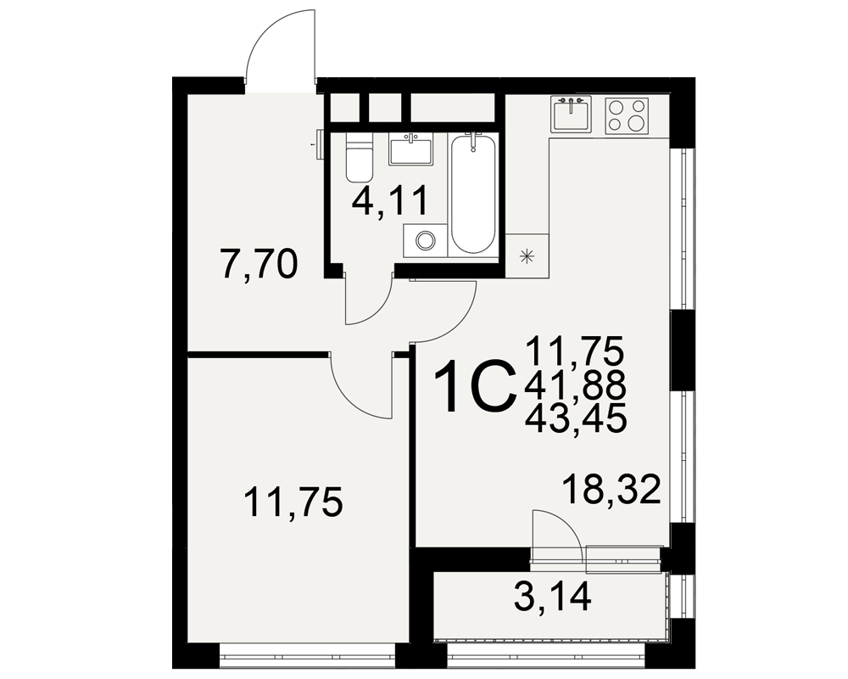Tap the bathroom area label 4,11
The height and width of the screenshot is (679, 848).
tap(389, 201)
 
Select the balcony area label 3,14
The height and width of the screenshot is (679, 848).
tap(553, 597)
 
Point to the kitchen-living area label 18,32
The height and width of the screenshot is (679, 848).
tap(611, 489)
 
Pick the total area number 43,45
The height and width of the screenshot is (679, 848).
tap(576, 418)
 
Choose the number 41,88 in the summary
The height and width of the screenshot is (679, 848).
tap(576, 385)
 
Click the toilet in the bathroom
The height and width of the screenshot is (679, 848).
tap(359, 159)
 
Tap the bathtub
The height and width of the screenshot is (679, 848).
tap(473, 194)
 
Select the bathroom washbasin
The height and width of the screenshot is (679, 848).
tap(410, 150)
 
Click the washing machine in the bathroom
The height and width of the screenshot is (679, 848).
tap(426, 240)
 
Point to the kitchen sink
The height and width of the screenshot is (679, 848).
tap(571, 115)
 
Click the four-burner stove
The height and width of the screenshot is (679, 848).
tap(626, 115)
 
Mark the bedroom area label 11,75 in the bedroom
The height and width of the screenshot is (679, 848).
tap(293, 502)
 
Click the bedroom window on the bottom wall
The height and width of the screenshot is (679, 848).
tap(307, 656)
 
